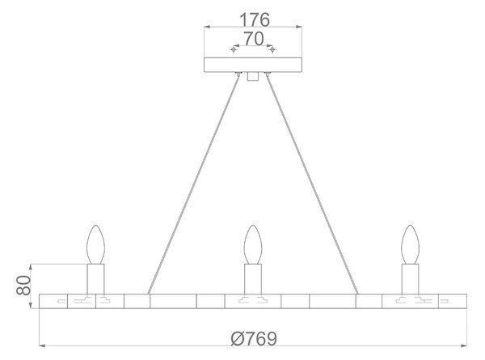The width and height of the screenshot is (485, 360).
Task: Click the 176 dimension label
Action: pos(255,19)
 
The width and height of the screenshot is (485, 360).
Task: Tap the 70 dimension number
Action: pos(254,39)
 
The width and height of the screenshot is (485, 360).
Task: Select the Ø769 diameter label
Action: pos(254,338)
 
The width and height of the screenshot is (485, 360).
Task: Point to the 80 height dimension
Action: pos(23,285)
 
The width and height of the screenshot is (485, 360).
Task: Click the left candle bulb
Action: pos(96,244)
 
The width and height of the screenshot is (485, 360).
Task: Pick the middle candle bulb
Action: pos(253,244)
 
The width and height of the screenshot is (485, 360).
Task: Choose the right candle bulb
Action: pos(410,244)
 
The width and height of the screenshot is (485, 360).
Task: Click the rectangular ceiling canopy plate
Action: pos(253,65)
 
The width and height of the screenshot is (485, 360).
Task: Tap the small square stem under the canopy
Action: pos(253,77)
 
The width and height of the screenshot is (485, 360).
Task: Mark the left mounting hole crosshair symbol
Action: pos(234,49)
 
